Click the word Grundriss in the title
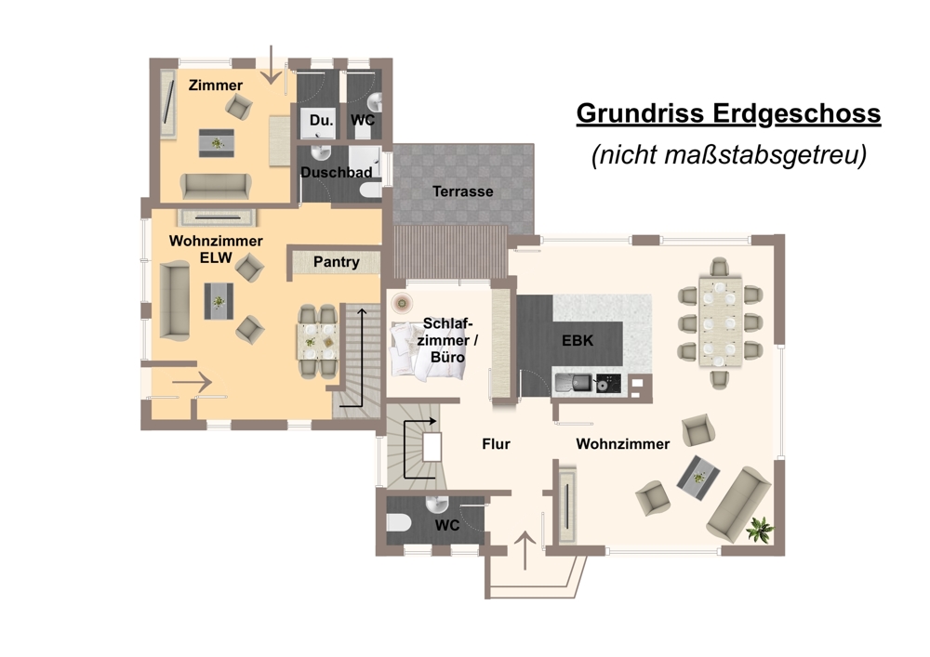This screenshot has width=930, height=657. click(641, 113)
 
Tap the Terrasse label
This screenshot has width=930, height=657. click(462, 191)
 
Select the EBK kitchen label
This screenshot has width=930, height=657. click(578, 341)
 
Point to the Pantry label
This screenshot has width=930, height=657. click(337, 262)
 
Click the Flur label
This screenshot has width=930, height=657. click(496, 443)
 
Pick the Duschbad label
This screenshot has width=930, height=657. click(337, 173)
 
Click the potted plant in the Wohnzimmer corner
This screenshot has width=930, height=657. click(760, 529)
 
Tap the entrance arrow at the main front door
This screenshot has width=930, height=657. click(525, 551)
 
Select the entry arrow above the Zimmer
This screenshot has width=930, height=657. click(271, 65)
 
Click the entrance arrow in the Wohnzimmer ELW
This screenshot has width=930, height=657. click(193, 382)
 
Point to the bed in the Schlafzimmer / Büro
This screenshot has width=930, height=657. click(427, 350)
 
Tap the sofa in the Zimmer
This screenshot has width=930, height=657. click(216, 186)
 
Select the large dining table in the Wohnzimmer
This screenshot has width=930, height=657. click(720, 322)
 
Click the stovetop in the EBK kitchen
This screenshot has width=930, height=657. click(608, 383)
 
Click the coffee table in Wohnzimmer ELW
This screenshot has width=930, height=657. click(219, 301)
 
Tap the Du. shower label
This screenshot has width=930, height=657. click(322, 120)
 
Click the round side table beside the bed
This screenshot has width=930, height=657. click(402, 303)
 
